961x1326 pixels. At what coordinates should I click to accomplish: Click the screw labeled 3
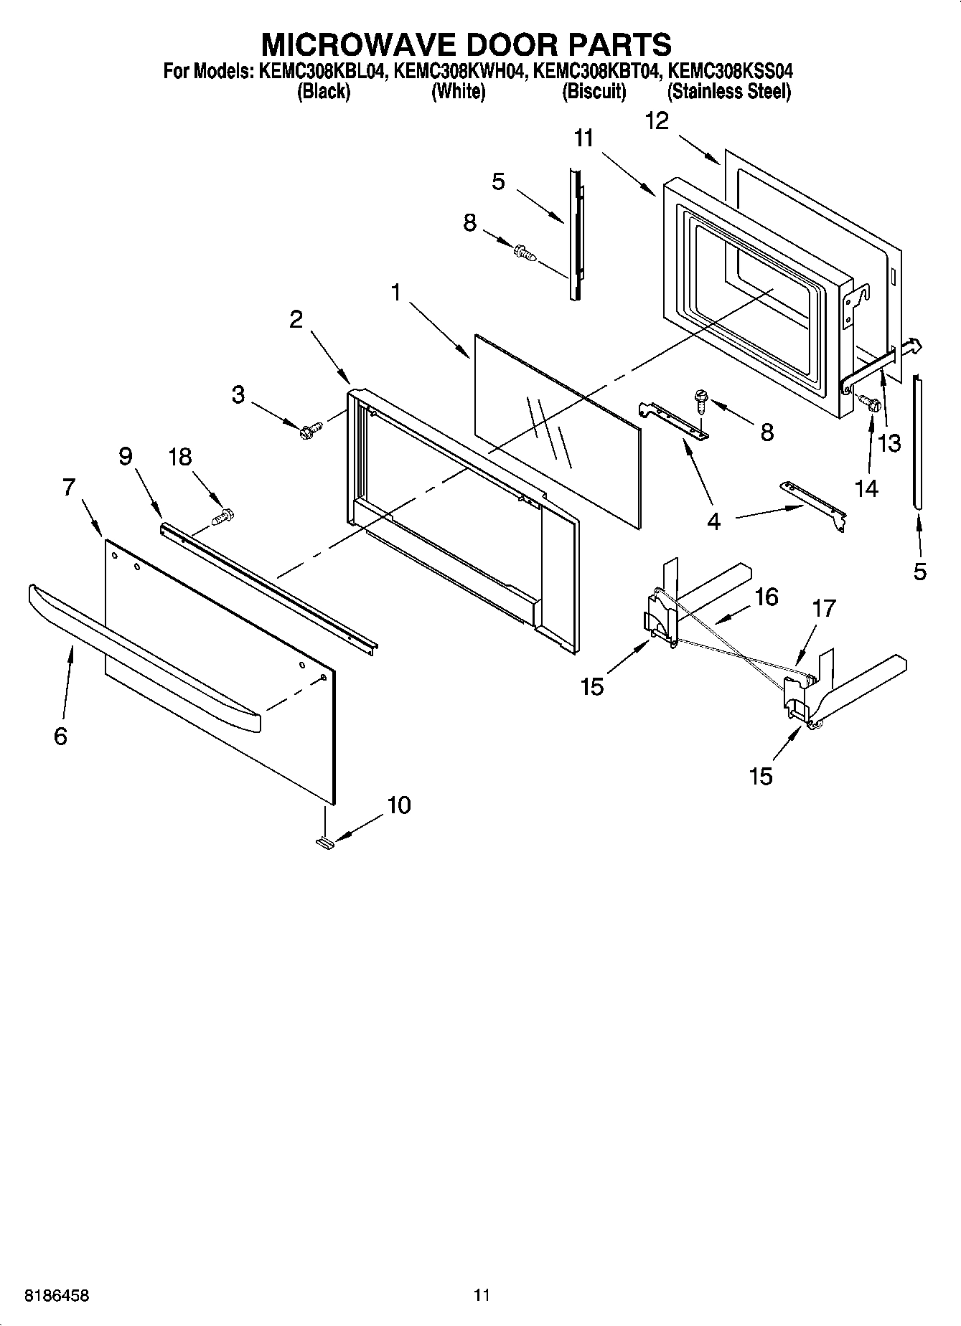coord(311,430)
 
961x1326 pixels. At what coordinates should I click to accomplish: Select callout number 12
coord(657,121)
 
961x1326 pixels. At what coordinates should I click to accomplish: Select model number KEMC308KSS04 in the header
coord(729,72)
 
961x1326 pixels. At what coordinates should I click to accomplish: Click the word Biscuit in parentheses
coord(594,92)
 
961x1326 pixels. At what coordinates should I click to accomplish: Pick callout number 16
coord(767,597)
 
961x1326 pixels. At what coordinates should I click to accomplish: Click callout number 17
coord(824,608)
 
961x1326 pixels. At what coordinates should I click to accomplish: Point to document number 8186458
coord(57,1296)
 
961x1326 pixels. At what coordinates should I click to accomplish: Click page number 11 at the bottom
coord(482,1295)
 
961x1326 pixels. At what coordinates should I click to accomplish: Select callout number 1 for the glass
coord(395,292)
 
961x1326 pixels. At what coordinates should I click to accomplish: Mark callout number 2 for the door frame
coord(296,319)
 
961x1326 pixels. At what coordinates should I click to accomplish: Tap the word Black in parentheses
coord(324,92)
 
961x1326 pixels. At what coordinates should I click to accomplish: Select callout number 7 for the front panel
coord(68,487)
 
